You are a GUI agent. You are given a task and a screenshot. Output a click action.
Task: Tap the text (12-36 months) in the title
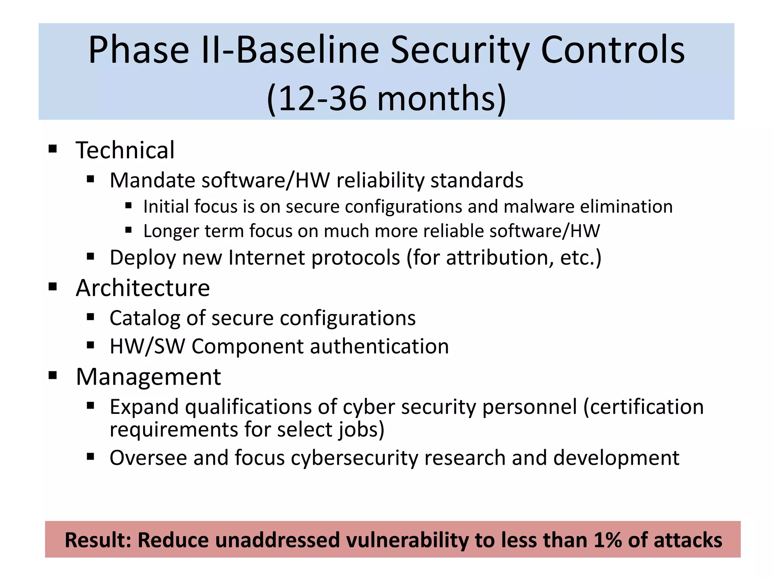pyautogui.click(x=386, y=98)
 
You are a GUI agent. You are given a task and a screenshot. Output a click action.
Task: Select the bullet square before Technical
pyautogui.click(x=53, y=149)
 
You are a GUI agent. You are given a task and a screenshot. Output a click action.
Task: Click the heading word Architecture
pyautogui.click(x=143, y=288)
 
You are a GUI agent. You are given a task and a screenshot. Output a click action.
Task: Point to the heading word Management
pyautogui.click(x=148, y=377)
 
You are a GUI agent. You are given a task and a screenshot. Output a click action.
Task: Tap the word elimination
pyautogui.click(x=626, y=207)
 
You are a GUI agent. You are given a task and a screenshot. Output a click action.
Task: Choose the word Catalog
pyautogui.click(x=145, y=318)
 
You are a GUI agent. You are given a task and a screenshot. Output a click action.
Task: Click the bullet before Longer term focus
pyautogui.click(x=128, y=230)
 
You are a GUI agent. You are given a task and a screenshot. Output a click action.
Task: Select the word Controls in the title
pyautogui.click(x=613, y=50)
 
